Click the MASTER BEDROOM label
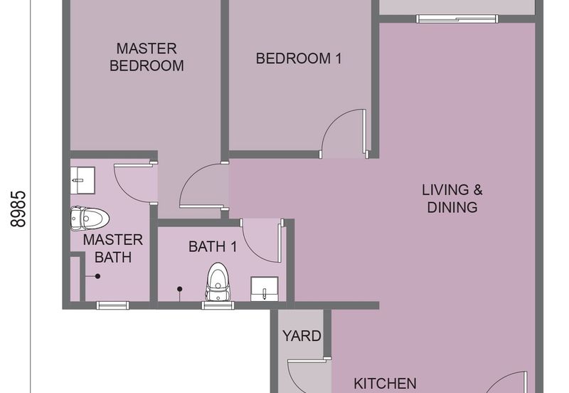click(147, 57)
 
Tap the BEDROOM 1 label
click(299, 58)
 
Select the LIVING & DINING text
click(452, 199)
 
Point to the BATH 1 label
click(213, 246)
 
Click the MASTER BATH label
click(113, 248)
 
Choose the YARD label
click(302, 336)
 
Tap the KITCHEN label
click(385, 384)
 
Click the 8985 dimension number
click(18, 209)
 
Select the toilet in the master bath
click(90, 219)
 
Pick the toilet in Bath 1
click(218, 282)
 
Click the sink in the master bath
click(83, 180)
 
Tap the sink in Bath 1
click(265, 289)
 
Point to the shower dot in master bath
click(97, 276)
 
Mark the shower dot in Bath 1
click(180, 289)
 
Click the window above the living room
click(457, 19)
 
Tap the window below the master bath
click(113, 305)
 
